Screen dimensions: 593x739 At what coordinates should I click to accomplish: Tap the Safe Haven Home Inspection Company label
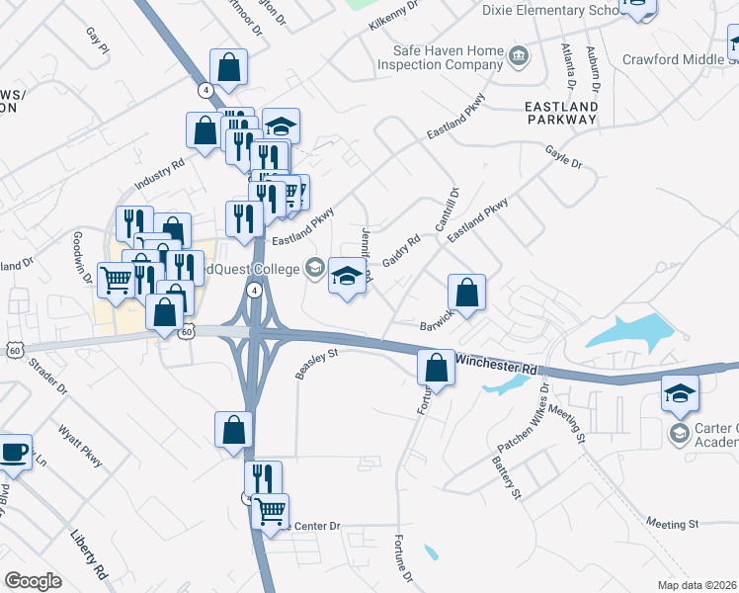point(448,57)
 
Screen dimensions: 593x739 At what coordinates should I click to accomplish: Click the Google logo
point(33,581)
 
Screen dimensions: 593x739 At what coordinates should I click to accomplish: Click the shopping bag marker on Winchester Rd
point(436,369)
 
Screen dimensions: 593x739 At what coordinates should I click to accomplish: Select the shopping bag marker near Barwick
point(467,293)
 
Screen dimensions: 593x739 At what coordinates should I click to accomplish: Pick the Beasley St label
point(317,366)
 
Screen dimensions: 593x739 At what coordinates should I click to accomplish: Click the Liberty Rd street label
point(88,552)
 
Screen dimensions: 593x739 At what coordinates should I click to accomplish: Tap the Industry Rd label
point(159,177)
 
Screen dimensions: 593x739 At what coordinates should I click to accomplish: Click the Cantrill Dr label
point(444,211)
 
